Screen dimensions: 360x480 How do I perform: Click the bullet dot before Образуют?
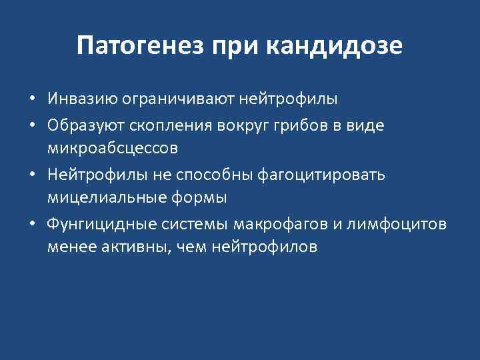(32, 125)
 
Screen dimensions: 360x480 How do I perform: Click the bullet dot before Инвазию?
(32, 100)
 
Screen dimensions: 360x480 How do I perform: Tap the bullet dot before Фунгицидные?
(32, 223)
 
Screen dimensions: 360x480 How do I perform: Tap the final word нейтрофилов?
(265, 247)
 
